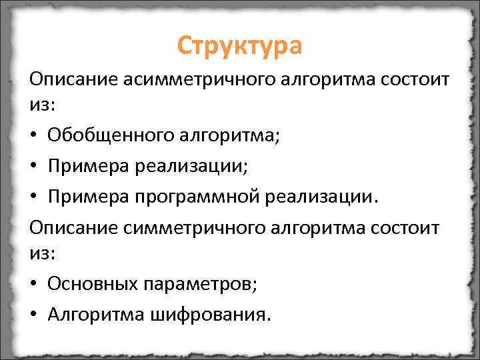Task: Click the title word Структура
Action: pyautogui.click(x=240, y=46)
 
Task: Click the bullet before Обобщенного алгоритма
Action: pyautogui.click(x=33, y=137)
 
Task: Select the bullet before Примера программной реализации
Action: pyautogui.click(x=33, y=198)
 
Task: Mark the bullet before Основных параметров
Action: pyautogui.click(x=33, y=285)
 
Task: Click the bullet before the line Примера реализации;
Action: pyautogui.click(x=33, y=167)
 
